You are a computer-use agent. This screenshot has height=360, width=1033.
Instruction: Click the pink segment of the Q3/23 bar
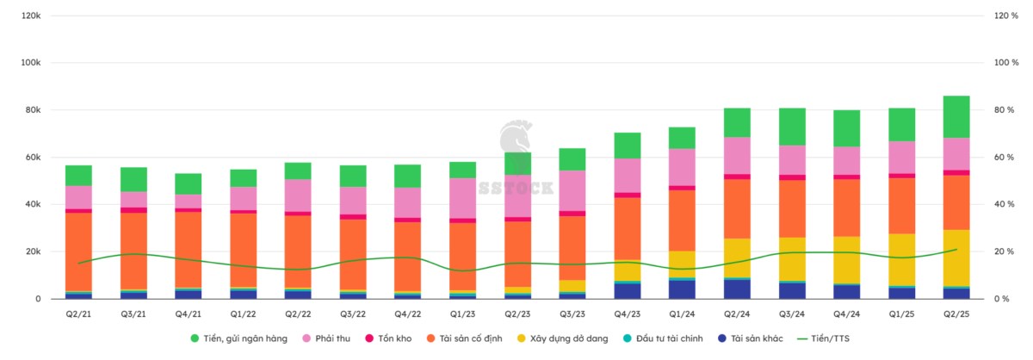(x=572, y=190)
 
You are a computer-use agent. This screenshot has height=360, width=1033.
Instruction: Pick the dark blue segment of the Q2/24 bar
(x=737, y=289)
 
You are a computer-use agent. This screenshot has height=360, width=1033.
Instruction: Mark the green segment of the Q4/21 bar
(x=189, y=183)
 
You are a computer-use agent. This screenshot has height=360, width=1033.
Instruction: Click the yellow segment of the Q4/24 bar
(x=847, y=259)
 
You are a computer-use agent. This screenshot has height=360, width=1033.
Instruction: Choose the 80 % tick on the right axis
(x=1006, y=110)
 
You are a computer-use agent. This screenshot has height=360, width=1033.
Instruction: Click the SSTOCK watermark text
(x=516, y=187)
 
